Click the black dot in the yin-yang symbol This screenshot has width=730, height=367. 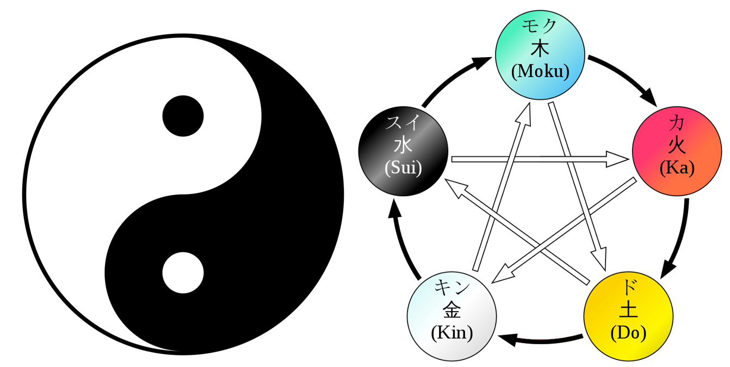coord(183,116)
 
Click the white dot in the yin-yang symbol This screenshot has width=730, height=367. coord(183,272)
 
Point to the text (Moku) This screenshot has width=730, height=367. coord(540,71)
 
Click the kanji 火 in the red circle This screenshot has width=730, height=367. coord(677,146)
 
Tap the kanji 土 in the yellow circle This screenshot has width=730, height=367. coord(629,310)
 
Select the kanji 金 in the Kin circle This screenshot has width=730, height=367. coord(452,310)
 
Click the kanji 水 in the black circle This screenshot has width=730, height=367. coord(403,146)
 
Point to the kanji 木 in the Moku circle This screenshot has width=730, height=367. coord(540,49)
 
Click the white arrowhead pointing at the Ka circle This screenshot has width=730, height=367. coord(617,159)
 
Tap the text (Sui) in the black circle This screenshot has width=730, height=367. coord(403,168)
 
